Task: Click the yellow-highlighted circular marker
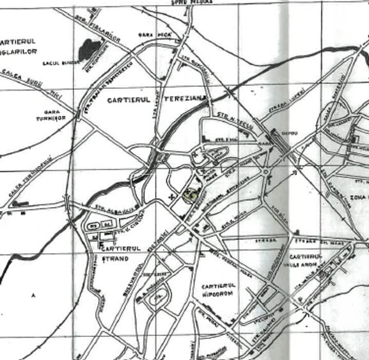tap(190, 196)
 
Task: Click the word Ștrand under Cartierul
tap(115, 259)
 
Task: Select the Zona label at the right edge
tap(357, 198)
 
